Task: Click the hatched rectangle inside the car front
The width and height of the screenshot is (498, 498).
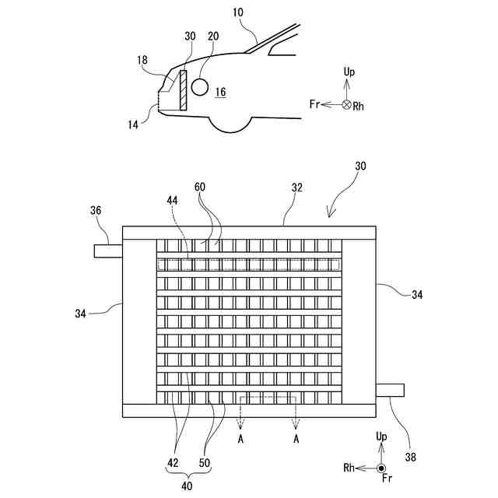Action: coord(183,90)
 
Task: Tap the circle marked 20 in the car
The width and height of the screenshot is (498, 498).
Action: coord(200,86)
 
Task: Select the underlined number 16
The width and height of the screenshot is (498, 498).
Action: coord(221,92)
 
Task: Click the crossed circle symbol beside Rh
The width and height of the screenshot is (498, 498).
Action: coord(346,104)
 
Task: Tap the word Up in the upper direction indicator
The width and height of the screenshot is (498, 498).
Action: coord(349,72)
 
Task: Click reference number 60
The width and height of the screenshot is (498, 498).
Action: coord(200,188)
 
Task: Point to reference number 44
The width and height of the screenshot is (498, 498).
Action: coord(172,200)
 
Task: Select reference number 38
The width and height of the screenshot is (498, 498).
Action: coord(410,458)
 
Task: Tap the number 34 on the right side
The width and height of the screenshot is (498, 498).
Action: coord(418,295)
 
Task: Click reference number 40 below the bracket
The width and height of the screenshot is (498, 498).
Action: coord(187,486)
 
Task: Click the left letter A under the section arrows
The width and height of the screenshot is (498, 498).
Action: coord(241,438)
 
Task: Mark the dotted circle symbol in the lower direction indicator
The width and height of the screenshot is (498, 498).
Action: coord(382,468)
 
